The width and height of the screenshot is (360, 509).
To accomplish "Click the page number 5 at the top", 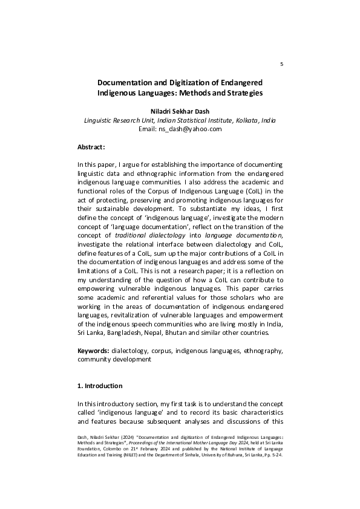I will pyautogui.click(x=282, y=64).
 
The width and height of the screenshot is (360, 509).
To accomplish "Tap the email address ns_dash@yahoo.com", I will pyautogui.click(x=188, y=129).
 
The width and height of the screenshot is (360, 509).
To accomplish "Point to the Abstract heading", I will pyautogui.click(x=91, y=147).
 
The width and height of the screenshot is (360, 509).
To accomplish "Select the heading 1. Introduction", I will pyautogui.click(x=100, y=386).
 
